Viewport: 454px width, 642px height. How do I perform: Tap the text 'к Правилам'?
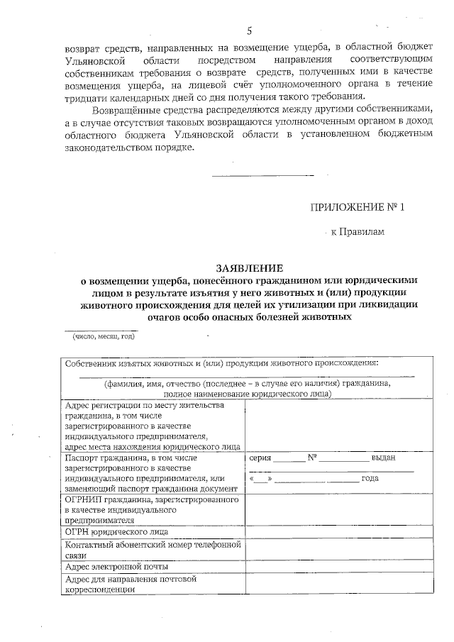coord(358,232)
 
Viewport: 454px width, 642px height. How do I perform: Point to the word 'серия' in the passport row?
coord(260,458)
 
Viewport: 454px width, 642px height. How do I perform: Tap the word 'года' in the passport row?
coord(370,478)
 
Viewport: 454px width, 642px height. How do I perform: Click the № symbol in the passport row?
coord(311,458)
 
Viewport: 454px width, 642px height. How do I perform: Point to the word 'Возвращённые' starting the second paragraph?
coord(124,109)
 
